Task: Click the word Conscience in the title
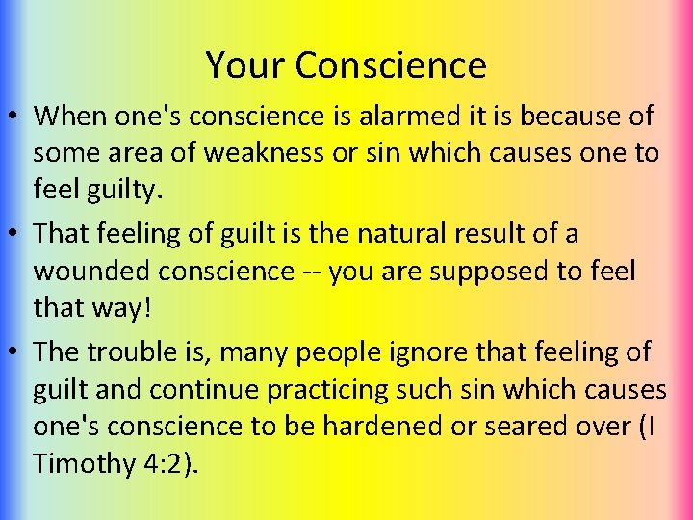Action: tap(391, 65)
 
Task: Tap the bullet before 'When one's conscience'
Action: tap(16, 117)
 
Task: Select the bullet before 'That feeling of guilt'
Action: tap(16, 235)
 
